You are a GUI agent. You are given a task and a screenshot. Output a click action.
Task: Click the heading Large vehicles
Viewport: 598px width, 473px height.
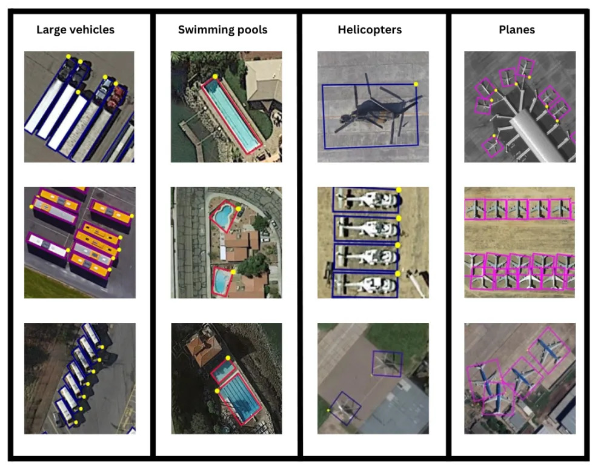point(75,30)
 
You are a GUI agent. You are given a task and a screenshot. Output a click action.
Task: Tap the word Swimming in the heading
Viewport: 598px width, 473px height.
point(204,30)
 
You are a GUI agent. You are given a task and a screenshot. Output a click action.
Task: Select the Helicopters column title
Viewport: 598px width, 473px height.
point(370,30)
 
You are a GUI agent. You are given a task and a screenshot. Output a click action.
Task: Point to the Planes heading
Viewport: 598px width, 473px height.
point(517,30)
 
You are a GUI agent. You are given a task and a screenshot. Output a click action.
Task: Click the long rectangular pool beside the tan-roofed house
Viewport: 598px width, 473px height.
point(231,115)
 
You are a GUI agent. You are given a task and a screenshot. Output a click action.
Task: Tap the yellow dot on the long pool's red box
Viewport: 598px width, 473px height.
point(215,76)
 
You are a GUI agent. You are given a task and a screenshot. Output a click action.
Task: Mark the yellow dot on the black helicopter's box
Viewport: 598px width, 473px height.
point(416,84)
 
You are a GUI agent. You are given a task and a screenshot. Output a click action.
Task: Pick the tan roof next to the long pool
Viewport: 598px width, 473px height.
point(263,80)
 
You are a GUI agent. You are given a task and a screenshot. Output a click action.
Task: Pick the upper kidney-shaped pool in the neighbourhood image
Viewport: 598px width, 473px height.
point(224,216)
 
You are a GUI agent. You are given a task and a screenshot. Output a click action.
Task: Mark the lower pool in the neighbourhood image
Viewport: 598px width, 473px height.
point(222,281)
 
